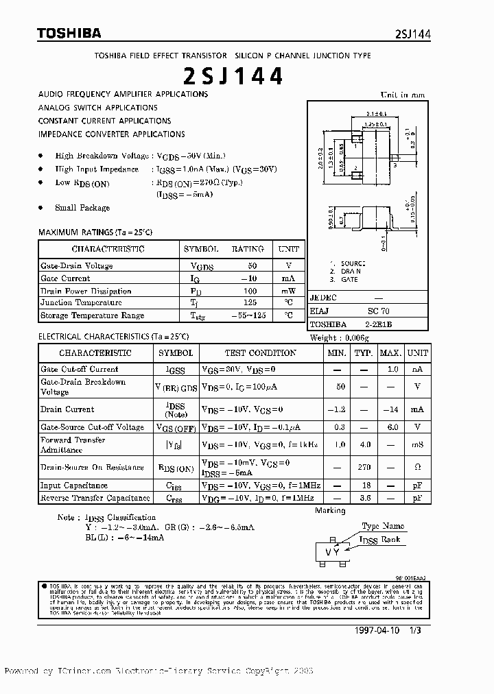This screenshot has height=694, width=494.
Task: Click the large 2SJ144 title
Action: click(x=233, y=77)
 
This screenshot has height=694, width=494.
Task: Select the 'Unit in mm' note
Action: click(x=403, y=95)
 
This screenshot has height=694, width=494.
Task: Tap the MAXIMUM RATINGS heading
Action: click(x=95, y=233)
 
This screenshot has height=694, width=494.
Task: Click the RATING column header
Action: click(x=247, y=249)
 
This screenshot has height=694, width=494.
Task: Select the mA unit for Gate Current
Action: click(x=287, y=278)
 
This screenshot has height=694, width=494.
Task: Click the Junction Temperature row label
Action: click(x=81, y=302)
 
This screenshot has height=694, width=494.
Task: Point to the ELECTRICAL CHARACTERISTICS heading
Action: click(x=113, y=337)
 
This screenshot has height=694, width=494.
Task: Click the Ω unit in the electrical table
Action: click(x=417, y=468)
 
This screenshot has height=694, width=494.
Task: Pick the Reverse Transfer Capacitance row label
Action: click(x=95, y=498)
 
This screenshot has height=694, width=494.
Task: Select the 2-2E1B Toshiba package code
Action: click(x=378, y=324)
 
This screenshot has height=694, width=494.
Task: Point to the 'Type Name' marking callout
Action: click(x=383, y=526)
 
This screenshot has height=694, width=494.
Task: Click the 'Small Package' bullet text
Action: click(x=82, y=208)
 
